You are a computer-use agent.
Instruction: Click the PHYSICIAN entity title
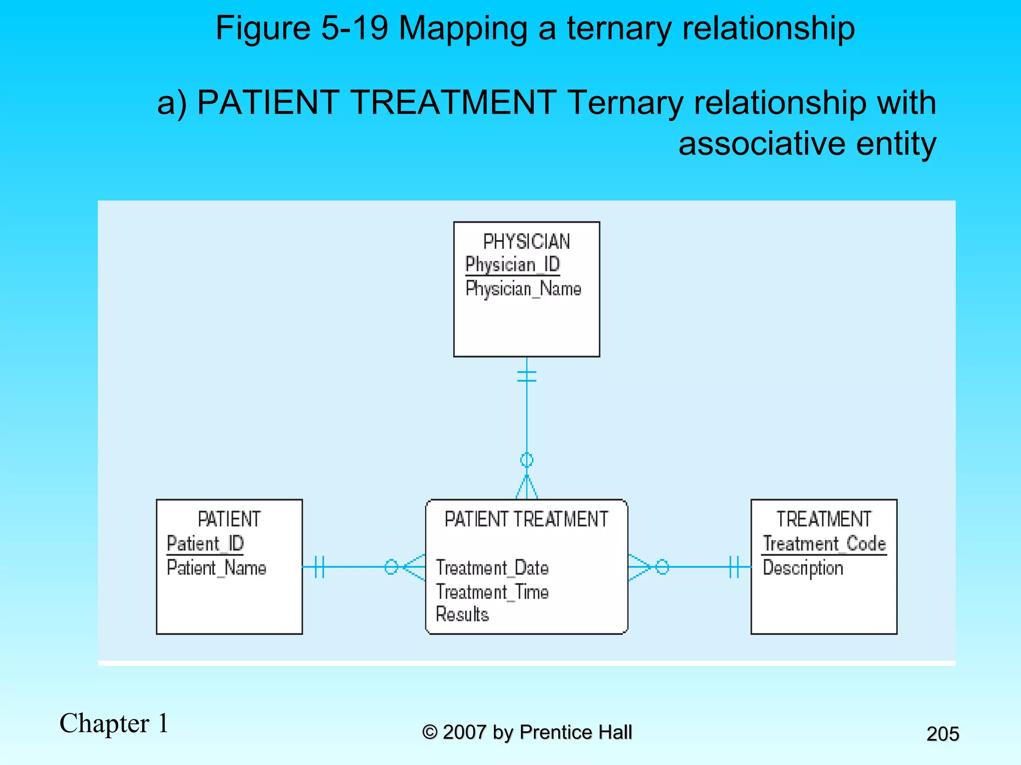pos(526,242)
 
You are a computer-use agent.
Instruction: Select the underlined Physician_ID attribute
pos(512,264)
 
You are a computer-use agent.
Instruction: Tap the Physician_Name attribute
pos(523,289)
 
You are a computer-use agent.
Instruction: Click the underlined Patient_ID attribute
pos(205,543)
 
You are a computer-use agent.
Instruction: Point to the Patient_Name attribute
pos(216,568)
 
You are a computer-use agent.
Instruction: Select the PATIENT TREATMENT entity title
pos(526,519)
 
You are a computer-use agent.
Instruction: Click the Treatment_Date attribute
pos(492,568)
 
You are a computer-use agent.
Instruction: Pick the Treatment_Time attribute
pos(492,592)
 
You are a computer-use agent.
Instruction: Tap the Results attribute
pos(462,615)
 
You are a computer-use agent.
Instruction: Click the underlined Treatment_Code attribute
pos(824,543)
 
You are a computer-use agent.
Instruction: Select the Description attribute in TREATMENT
pos(803,568)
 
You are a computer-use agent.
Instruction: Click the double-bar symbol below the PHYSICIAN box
pos(526,377)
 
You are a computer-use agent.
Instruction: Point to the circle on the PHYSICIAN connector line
pos(526,460)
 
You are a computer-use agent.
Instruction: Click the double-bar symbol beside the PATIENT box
pos(320,567)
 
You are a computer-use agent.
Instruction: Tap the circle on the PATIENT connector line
pos(391,567)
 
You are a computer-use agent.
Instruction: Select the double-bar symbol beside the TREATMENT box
pos(734,567)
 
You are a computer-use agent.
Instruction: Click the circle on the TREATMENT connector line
pos(662,567)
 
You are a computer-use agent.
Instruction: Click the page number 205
pos(942,734)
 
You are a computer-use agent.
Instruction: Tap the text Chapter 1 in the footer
pos(114,723)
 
